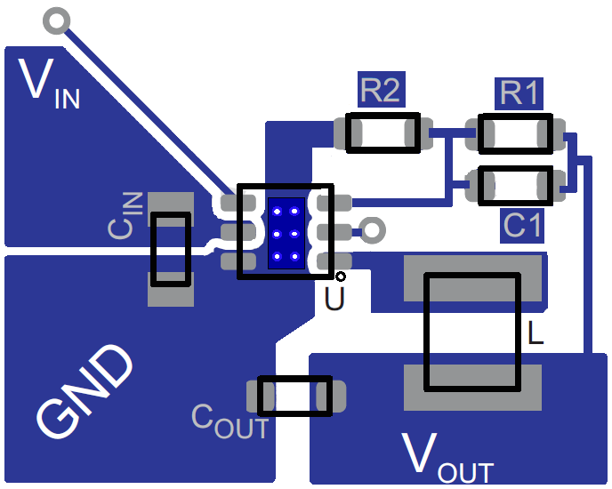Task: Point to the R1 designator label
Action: click(x=519, y=92)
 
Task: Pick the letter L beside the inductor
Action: click(x=535, y=334)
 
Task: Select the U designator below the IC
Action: click(x=334, y=300)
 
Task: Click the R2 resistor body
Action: click(x=382, y=132)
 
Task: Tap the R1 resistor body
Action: click(x=514, y=132)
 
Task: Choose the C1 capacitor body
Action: click(x=514, y=185)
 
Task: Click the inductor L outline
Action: click(x=471, y=332)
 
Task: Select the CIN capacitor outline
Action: click(x=170, y=249)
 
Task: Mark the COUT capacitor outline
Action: click(x=294, y=396)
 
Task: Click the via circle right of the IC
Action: click(x=373, y=231)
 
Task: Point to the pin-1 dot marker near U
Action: click(x=340, y=277)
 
